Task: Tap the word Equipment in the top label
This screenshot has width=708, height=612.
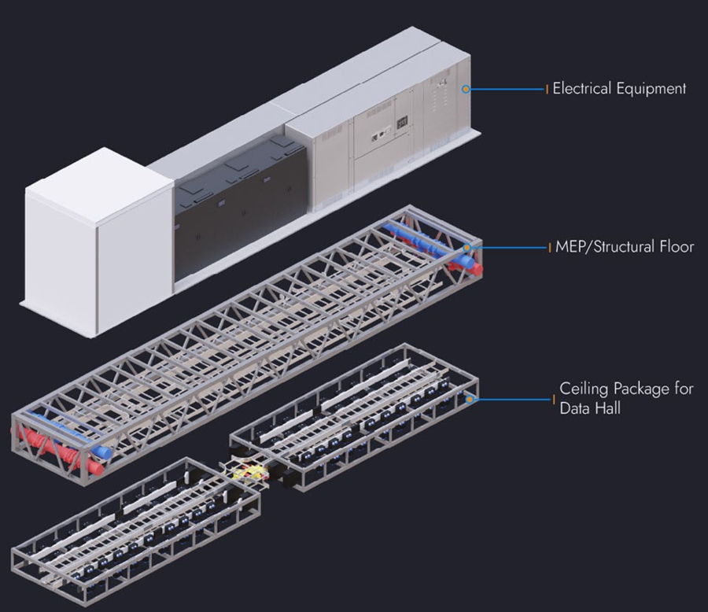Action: point(651,89)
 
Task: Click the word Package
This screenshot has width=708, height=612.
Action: point(640,389)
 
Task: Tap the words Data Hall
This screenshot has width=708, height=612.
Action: point(590,407)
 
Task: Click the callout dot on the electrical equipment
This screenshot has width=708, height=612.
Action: point(466,89)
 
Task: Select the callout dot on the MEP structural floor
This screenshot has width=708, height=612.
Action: point(467,248)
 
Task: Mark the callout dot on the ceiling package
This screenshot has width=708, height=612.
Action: point(470,400)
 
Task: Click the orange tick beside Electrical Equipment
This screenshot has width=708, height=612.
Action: point(548,89)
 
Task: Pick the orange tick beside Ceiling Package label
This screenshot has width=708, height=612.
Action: point(554,400)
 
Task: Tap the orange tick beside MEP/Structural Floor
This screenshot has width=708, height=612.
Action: point(550,248)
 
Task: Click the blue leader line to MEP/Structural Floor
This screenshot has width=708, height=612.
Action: point(509,248)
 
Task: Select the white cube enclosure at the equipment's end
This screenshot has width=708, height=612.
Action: point(98,241)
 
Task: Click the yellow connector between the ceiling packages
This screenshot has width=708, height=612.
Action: point(249,474)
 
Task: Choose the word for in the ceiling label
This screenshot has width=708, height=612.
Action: point(684,389)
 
